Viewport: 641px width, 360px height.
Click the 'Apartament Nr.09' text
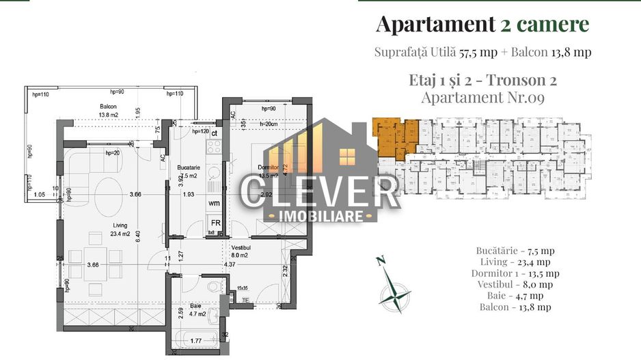482,98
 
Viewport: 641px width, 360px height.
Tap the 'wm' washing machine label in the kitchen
214,203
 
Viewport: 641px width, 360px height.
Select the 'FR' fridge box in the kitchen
215,223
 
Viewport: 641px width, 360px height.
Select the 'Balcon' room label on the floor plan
108,107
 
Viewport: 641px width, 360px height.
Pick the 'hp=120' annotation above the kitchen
200,131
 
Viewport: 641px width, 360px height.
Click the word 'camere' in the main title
552,25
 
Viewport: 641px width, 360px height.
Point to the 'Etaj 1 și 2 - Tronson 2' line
482,80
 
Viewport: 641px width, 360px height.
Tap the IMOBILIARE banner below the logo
319,216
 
